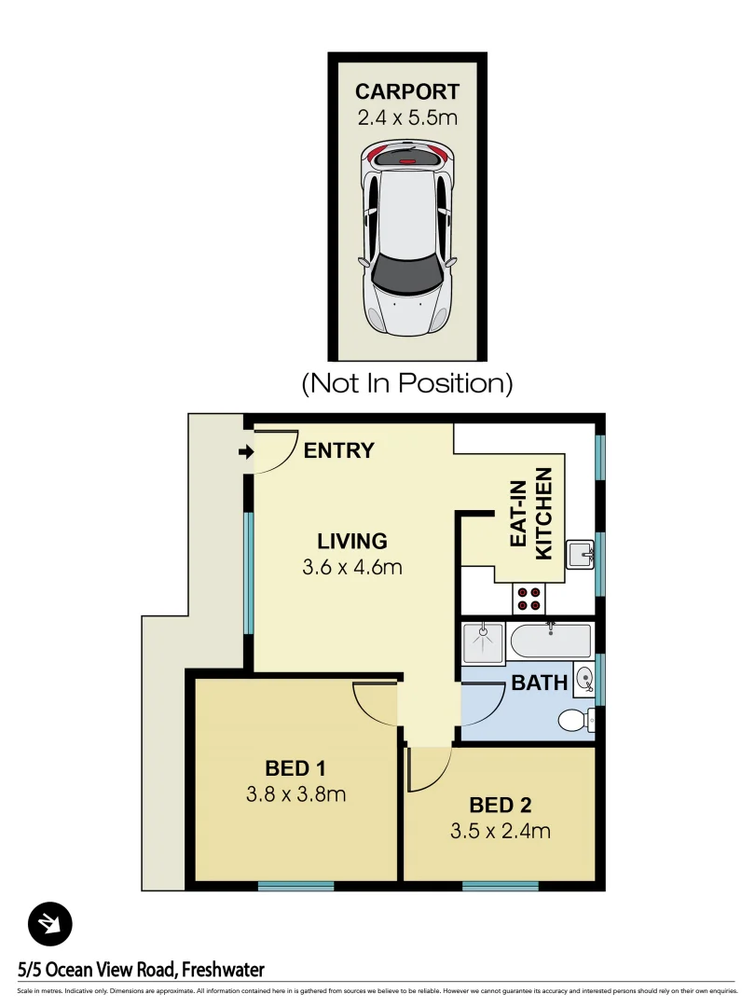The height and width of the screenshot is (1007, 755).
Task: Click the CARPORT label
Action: pyautogui.click(x=407, y=91)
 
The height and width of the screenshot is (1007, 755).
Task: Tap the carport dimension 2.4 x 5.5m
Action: pyautogui.click(x=407, y=118)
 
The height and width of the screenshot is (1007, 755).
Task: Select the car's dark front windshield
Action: pyautogui.click(x=407, y=270)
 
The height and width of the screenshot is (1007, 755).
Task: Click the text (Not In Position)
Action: pyautogui.click(x=407, y=382)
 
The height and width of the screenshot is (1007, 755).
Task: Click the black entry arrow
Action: pyautogui.click(x=246, y=452)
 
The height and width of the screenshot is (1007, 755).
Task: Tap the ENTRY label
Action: pyautogui.click(x=339, y=451)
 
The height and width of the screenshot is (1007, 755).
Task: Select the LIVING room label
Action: pyautogui.click(x=351, y=541)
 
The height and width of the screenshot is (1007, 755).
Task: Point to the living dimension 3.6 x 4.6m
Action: pyautogui.click(x=351, y=567)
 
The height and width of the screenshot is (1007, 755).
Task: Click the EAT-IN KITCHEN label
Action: pyautogui.click(x=530, y=519)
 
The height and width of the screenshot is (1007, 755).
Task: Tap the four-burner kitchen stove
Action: pyautogui.click(x=529, y=598)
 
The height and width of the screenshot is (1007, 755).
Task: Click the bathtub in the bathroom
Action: pyautogui.click(x=550, y=641)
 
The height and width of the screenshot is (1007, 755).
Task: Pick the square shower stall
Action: pyautogui.click(x=483, y=641)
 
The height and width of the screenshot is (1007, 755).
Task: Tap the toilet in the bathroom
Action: pyautogui.click(x=576, y=720)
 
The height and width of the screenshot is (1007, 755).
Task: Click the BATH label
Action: pyautogui.click(x=539, y=683)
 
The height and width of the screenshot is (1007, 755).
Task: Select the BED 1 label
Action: pyautogui.click(x=295, y=769)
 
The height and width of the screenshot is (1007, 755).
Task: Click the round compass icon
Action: pyautogui.click(x=49, y=925)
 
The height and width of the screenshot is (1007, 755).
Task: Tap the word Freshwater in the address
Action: pyautogui.click(x=223, y=971)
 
